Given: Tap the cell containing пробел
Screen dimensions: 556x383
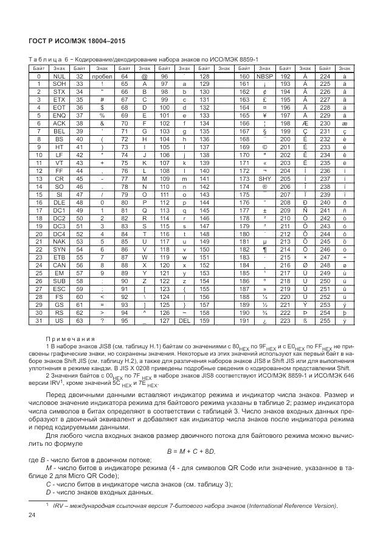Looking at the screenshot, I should click(x=102, y=77).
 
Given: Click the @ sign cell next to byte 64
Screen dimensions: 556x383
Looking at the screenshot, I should click(x=145, y=77).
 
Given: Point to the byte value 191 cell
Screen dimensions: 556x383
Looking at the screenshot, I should click(x=244, y=320).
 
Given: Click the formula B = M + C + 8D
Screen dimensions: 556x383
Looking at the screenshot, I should click(x=191, y=451).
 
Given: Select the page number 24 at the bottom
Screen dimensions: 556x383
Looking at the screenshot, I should click(x=33, y=516).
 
